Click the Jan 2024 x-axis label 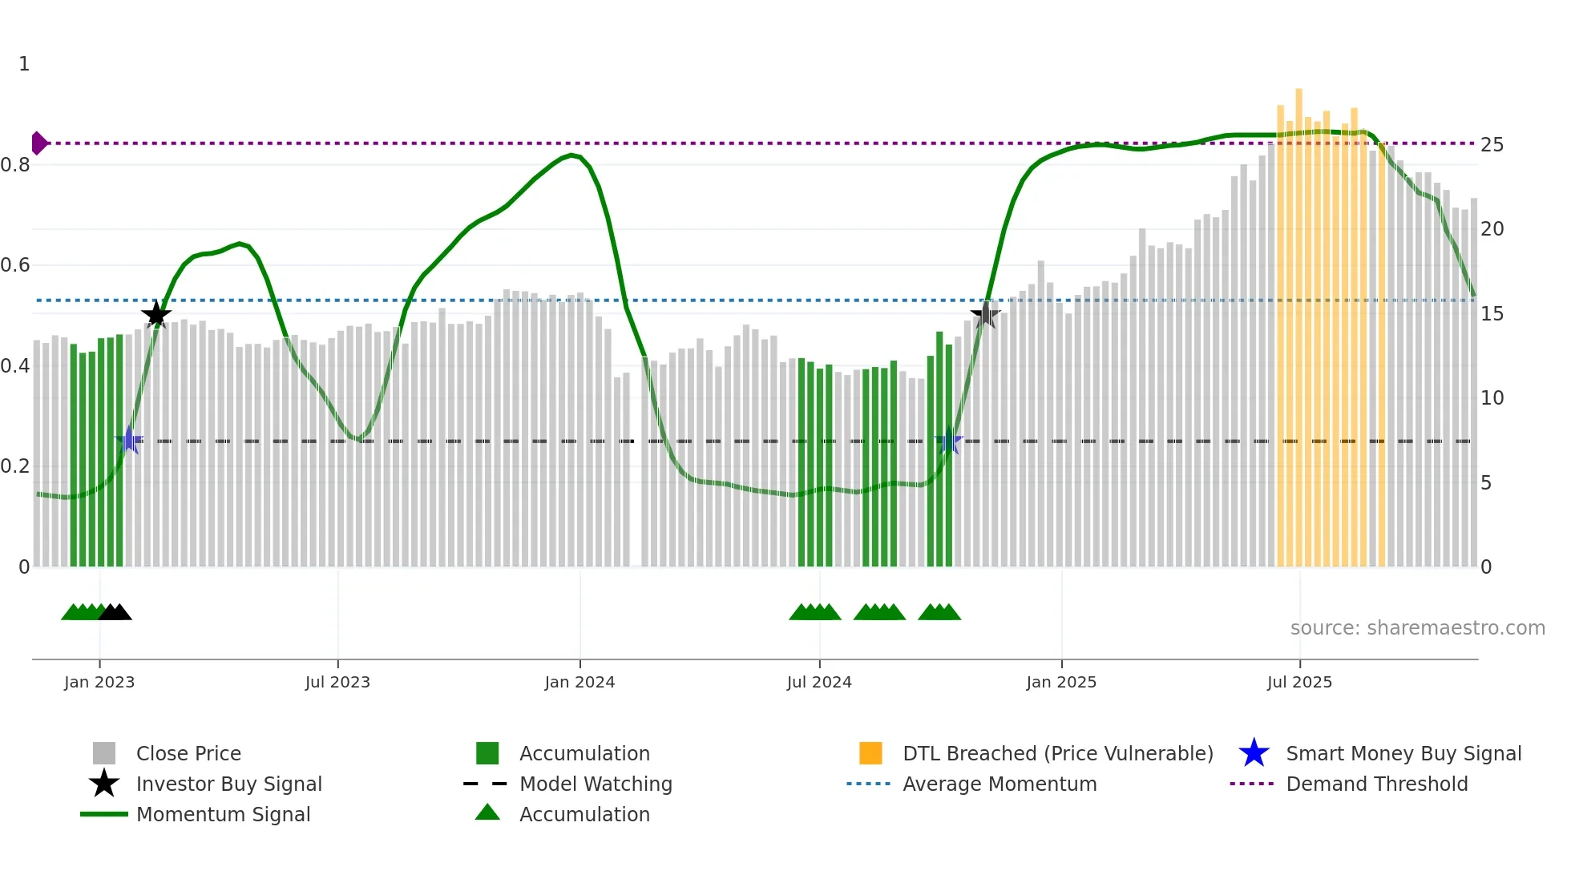(x=580, y=682)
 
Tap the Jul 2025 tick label (x=1299, y=682)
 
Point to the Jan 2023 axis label (x=99, y=682)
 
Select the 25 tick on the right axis (x=1492, y=145)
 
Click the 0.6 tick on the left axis (x=16, y=265)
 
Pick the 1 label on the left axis (x=24, y=64)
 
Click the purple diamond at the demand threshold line (x=38, y=143)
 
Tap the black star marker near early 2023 (x=156, y=315)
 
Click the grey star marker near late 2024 (x=985, y=315)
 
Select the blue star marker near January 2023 (x=129, y=440)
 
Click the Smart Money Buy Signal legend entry (x=1403, y=753)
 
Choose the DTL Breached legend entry (x=1057, y=753)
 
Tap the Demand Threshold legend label (x=1376, y=784)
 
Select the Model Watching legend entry (x=595, y=784)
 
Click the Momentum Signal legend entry (x=223, y=814)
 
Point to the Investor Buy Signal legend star (x=104, y=784)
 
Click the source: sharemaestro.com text (x=1417, y=628)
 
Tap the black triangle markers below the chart (x=115, y=612)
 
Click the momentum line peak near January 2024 (x=571, y=155)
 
